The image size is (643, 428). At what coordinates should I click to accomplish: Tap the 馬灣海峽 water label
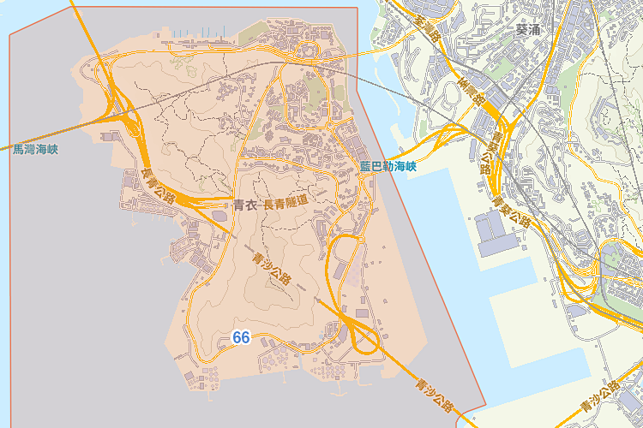click(x=35, y=149)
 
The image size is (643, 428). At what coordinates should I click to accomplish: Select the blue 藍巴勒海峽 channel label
click(x=388, y=166)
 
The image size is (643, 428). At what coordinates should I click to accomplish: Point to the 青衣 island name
click(x=244, y=205)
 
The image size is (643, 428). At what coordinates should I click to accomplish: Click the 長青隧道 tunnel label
click(x=285, y=204)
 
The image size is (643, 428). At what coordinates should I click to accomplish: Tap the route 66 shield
click(x=241, y=338)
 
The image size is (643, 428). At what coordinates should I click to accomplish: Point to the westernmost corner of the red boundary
click(x=9, y=37)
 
